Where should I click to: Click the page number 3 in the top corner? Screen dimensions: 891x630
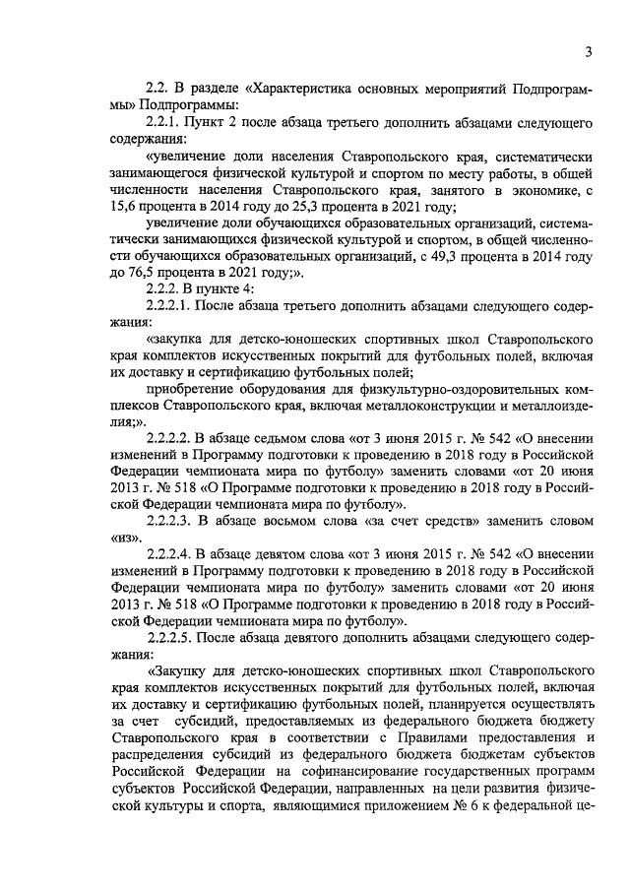pos(588,51)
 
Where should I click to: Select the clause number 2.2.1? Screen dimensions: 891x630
pos(165,123)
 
